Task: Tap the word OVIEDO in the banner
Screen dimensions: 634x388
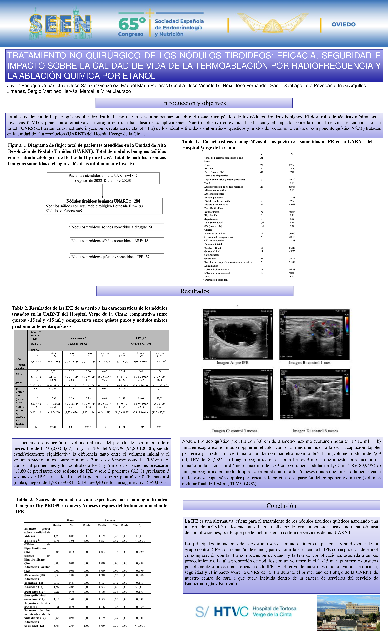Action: click(x=344, y=24)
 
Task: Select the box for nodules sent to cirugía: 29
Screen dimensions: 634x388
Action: click(x=117, y=227)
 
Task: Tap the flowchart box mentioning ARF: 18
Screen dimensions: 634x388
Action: click(x=117, y=241)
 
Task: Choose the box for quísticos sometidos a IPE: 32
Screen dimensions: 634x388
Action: click(x=117, y=257)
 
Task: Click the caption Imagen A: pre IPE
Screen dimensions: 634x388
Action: click(x=232, y=363)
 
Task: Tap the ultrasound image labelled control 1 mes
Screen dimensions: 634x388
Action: click(x=314, y=334)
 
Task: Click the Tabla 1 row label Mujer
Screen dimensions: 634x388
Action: click(x=207, y=165)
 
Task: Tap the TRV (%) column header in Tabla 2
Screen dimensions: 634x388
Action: click(x=141, y=338)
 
